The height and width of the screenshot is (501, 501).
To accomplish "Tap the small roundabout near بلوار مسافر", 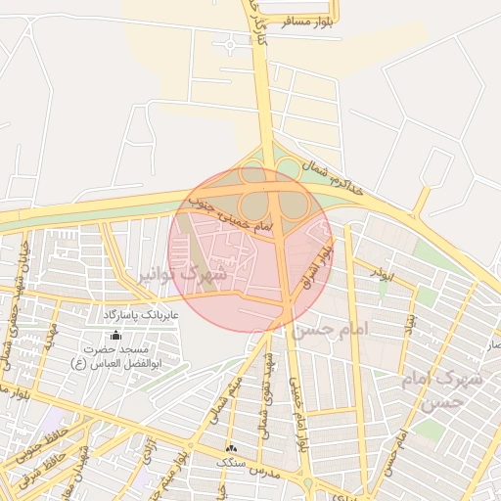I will point(231,43).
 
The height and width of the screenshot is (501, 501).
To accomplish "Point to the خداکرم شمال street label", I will point(333,177).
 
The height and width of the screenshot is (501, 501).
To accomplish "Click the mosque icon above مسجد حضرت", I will point(115,335).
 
